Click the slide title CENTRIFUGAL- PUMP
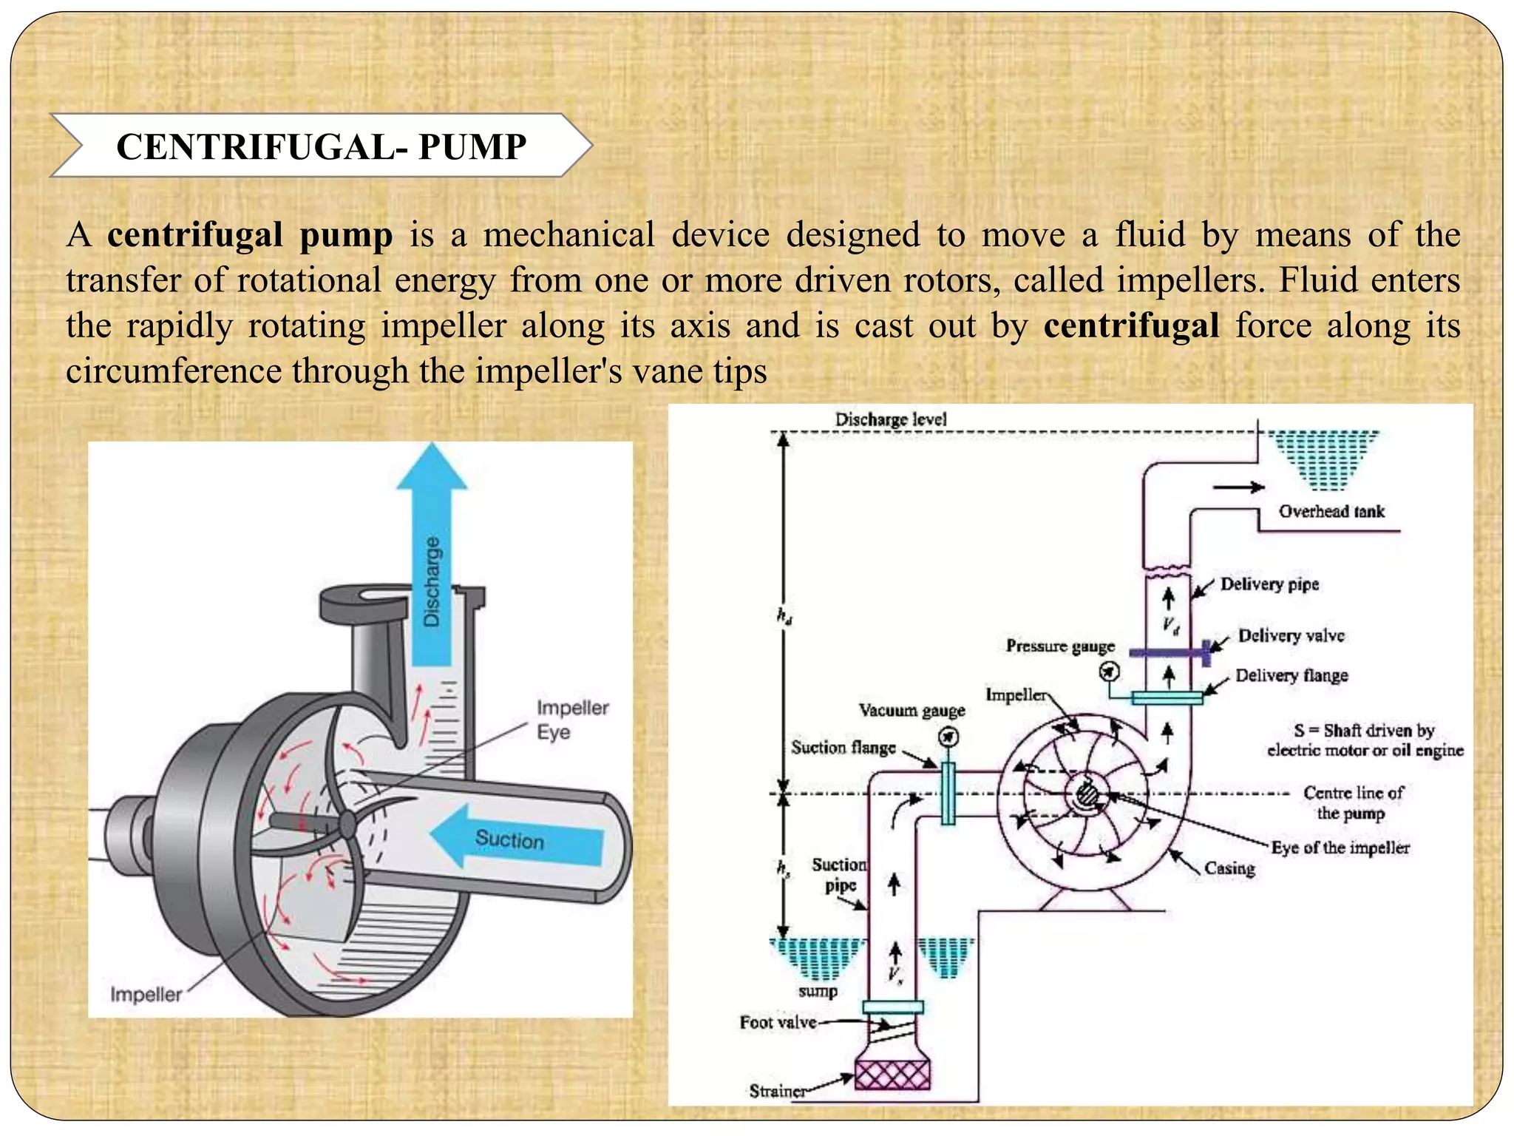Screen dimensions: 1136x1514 click(321, 146)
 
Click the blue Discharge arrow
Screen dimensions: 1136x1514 click(432, 562)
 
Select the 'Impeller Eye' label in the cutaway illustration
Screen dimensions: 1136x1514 click(572, 720)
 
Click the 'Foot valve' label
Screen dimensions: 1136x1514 click(778, 1023)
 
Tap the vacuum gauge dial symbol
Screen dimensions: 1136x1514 click(948, 737)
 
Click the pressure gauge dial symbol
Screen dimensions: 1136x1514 click(1109, 672)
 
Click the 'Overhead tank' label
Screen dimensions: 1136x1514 click(1331, 511)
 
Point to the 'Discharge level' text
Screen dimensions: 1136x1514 click(891, 419)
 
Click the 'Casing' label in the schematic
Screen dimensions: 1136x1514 click(1229, 868)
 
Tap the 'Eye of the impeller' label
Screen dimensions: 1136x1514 click(1340, 848)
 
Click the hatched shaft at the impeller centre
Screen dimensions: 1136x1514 click(1087, 795)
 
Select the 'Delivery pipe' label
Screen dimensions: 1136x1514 click(1269, 584)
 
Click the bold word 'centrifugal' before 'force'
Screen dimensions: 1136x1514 click(1131, 325)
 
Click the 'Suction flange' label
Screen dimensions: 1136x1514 click(843, 748)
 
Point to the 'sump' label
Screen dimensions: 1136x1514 click(818, 991)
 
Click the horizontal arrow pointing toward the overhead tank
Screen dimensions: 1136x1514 click(1238, 487)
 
